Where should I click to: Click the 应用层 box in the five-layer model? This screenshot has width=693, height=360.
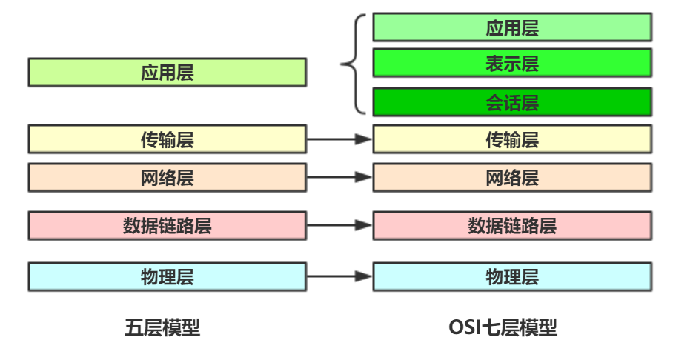click(x=167, y=73)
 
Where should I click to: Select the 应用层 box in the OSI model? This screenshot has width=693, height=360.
click(x=512, y=27)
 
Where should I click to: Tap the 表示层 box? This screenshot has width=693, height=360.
click(x=512, y=63)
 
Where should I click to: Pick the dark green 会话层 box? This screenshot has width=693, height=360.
click(x=512, y=101)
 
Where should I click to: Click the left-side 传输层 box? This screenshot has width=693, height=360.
click(x=167, y=139)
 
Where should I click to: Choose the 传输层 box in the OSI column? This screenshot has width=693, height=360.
click(x=512, y=139)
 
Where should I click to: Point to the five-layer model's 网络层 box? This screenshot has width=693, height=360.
click(x=167, y=178)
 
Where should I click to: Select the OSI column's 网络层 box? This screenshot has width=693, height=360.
click(x=512, y=178)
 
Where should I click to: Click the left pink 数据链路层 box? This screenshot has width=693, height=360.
click(x=167, y=225)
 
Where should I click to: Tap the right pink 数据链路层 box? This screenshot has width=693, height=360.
click(x=512, y=225)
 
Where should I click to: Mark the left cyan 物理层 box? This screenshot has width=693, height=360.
click(x=167, y=276)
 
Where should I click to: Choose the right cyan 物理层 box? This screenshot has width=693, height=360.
click(x=512, y=276)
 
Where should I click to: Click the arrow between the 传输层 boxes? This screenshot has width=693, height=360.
click(x=339, y=139)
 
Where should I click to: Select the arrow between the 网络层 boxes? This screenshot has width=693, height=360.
click(x=339, y=178)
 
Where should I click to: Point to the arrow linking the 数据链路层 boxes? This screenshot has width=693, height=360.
click(x=339, y=225)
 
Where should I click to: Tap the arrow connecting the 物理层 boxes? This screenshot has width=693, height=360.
click(x=339, y=276)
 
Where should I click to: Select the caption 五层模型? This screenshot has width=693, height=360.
click(x=162, y=327)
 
